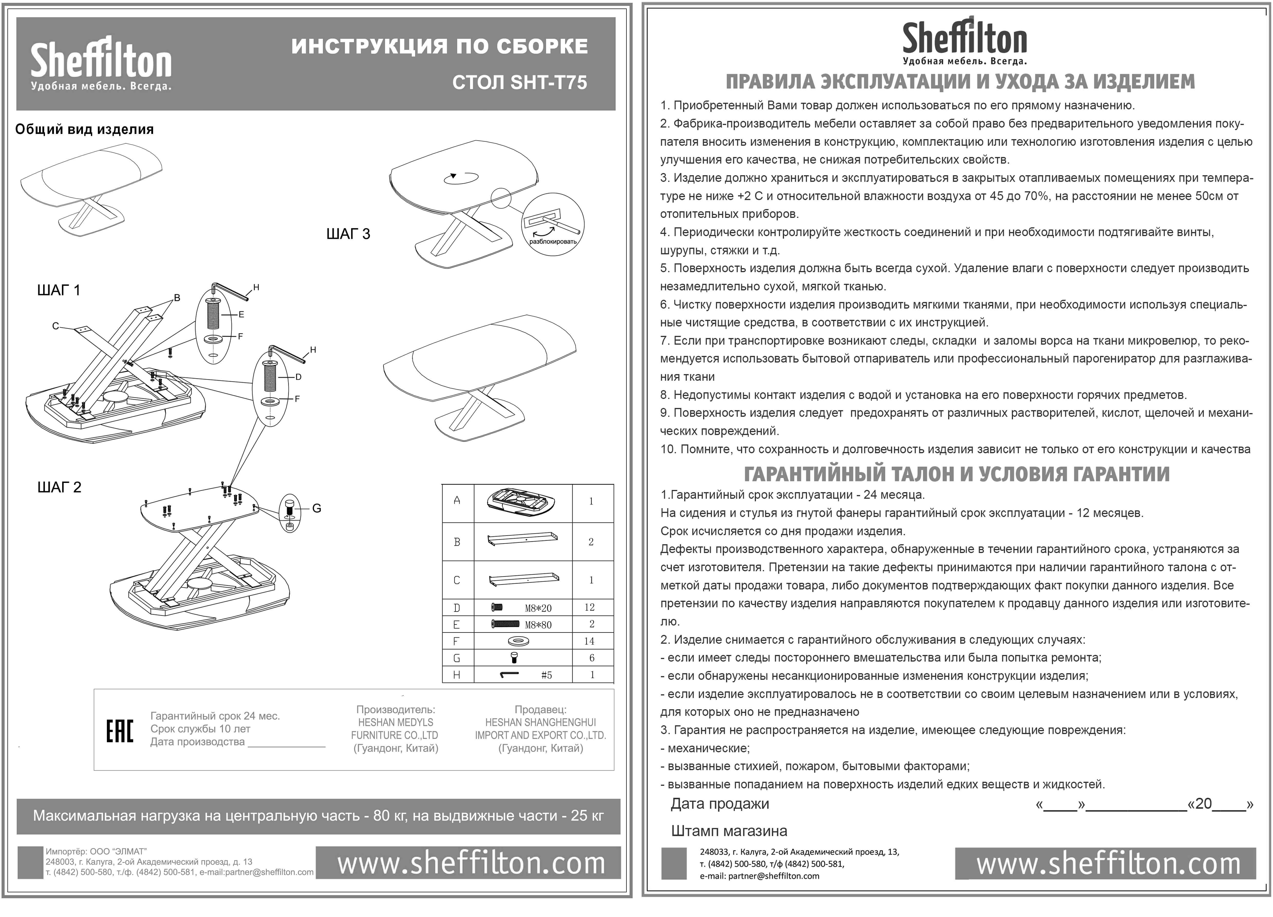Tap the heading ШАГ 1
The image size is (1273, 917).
58,290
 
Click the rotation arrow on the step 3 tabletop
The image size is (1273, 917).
461,177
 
